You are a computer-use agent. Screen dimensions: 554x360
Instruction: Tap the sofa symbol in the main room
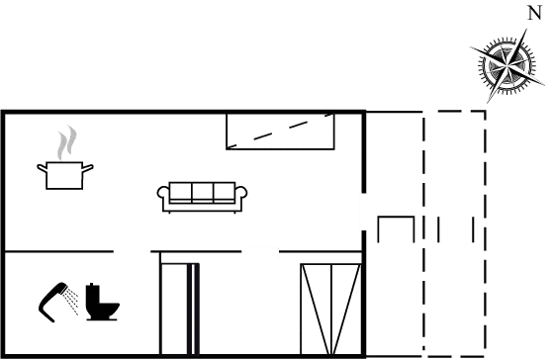[x=202, y=194]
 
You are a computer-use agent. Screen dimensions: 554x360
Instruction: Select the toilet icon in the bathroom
[x=102, y=304]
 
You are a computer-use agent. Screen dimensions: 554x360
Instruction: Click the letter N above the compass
[x=534, y=12]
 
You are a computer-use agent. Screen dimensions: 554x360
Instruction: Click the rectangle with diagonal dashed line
[x=281, y=132]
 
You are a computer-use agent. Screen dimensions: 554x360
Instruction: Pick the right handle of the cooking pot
[x=91, y=168]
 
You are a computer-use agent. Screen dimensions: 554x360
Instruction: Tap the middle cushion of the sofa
[x=202, y=192]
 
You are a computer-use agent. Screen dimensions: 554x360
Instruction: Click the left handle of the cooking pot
[x=40, y=168]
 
